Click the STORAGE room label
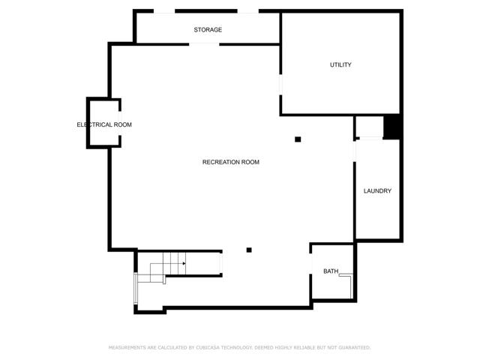click(x=208, y=30)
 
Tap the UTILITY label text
click(x=340, y=64)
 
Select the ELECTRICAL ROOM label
click(x=104, y=124)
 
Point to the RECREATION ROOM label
click(x=231, y=162)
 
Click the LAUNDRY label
click(x=377, y=190)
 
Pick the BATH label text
click(x=331, y=271)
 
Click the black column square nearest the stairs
click(x=249, y=250)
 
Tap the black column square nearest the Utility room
click(x=298, y=139)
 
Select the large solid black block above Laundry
click(x=391, y=127)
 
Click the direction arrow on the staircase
click(x=184, y=263)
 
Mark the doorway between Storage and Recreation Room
click(x=204, y=44)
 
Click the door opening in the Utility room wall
click(x=280, y=85)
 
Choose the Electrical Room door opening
click(x=120, y=123)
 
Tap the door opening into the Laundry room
click(x=355, y=151)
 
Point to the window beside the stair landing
click(x=136, y=288)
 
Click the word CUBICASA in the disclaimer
click(x=207, y=347)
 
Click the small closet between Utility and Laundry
click(x=370, y=127)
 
